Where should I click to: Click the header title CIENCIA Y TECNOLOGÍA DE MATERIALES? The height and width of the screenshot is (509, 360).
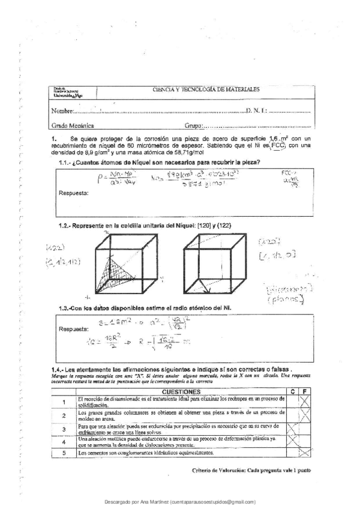(x=206, y=89)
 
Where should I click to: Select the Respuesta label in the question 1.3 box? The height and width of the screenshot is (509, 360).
(x=74, y=328)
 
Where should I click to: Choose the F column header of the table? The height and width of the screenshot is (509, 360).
(x=305, y=391)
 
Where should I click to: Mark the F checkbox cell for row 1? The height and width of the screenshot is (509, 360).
(x=305, y=402)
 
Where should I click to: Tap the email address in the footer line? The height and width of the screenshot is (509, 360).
(x=213, y=501)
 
